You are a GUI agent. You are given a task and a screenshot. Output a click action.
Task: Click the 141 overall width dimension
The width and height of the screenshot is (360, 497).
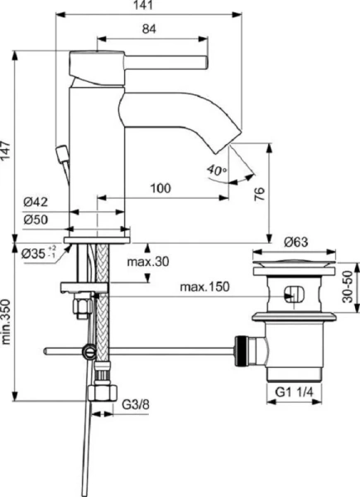pos(146,7)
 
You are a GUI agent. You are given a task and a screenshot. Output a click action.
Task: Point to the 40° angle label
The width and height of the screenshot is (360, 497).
pos(217,171)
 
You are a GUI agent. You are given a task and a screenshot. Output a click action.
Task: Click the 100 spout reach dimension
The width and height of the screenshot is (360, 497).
pos(161,189)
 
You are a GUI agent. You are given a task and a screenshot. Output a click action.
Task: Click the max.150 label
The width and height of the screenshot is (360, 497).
pos(203,287)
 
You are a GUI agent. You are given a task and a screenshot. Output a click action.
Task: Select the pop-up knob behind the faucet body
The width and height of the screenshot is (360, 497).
pos(60,153)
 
